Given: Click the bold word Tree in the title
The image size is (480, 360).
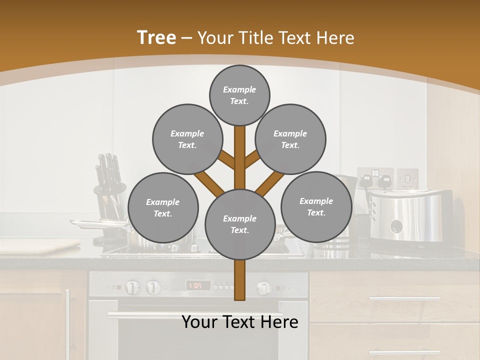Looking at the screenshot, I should tap(156, 37).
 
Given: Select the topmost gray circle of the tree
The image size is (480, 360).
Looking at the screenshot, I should tap(239, 95).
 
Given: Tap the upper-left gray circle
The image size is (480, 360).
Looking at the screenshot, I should tap(187, 139).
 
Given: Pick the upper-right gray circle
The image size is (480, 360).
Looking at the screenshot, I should tap(290, 139).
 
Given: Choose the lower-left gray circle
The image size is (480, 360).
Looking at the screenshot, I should tap(162, 207).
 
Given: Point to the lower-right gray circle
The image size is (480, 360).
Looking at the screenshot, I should tap(316, 206).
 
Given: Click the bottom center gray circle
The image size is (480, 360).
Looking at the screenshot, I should tap(239, 224).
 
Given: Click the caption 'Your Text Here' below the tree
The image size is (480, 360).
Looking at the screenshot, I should tap(239, 322).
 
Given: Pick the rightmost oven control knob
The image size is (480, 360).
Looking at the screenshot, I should tap(263, 287).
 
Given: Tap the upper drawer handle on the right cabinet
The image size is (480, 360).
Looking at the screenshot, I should tap(404, 298).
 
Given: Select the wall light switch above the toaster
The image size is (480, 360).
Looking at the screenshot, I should tap(407, 177).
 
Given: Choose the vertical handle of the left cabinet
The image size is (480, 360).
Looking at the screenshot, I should tap(68, 320).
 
